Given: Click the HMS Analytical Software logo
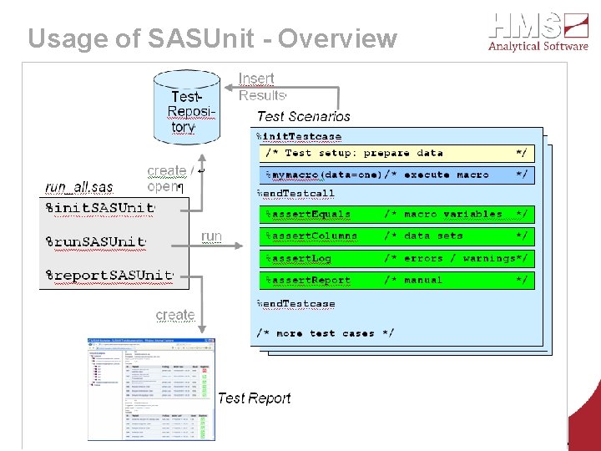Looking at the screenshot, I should [538, 32].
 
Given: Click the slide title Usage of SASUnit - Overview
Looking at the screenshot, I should [212, 38].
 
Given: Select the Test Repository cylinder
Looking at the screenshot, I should [187, 106].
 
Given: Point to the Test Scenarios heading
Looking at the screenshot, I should [303, 117].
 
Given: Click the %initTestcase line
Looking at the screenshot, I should [298, 137].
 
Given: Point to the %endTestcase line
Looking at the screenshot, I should [295, 304].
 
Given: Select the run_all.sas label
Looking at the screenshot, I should [78, 187].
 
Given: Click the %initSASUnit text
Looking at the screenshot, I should [99, 208].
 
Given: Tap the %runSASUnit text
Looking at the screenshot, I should [95, 242].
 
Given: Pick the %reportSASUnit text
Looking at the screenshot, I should [108, 276].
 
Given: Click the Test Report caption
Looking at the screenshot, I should [254, 398].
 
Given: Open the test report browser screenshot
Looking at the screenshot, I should [151, 388].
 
